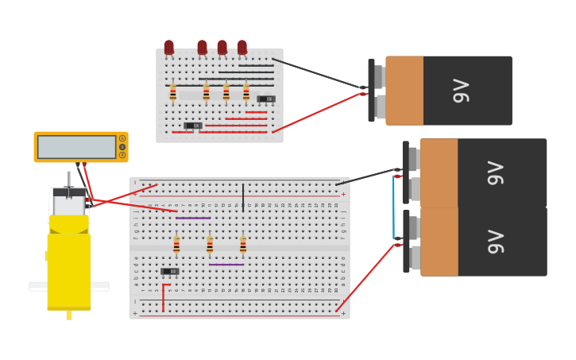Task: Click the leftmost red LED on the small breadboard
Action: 168,48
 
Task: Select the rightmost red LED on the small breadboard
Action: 242,48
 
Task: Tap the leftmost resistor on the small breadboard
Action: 173,93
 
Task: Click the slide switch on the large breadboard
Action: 169,272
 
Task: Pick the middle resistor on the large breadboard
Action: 210,245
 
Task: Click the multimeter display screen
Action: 76,147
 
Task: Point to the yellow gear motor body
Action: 69,266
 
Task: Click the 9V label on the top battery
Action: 462,91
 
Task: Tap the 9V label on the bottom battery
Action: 496,242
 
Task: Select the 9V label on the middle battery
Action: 496,172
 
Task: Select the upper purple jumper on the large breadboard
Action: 193,218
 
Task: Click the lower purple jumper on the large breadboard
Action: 226,265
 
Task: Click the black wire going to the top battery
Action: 318,73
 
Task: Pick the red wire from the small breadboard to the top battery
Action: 318,112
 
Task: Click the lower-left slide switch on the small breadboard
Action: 192,126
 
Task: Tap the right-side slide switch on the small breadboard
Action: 266,99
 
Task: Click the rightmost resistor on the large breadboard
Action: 243,245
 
